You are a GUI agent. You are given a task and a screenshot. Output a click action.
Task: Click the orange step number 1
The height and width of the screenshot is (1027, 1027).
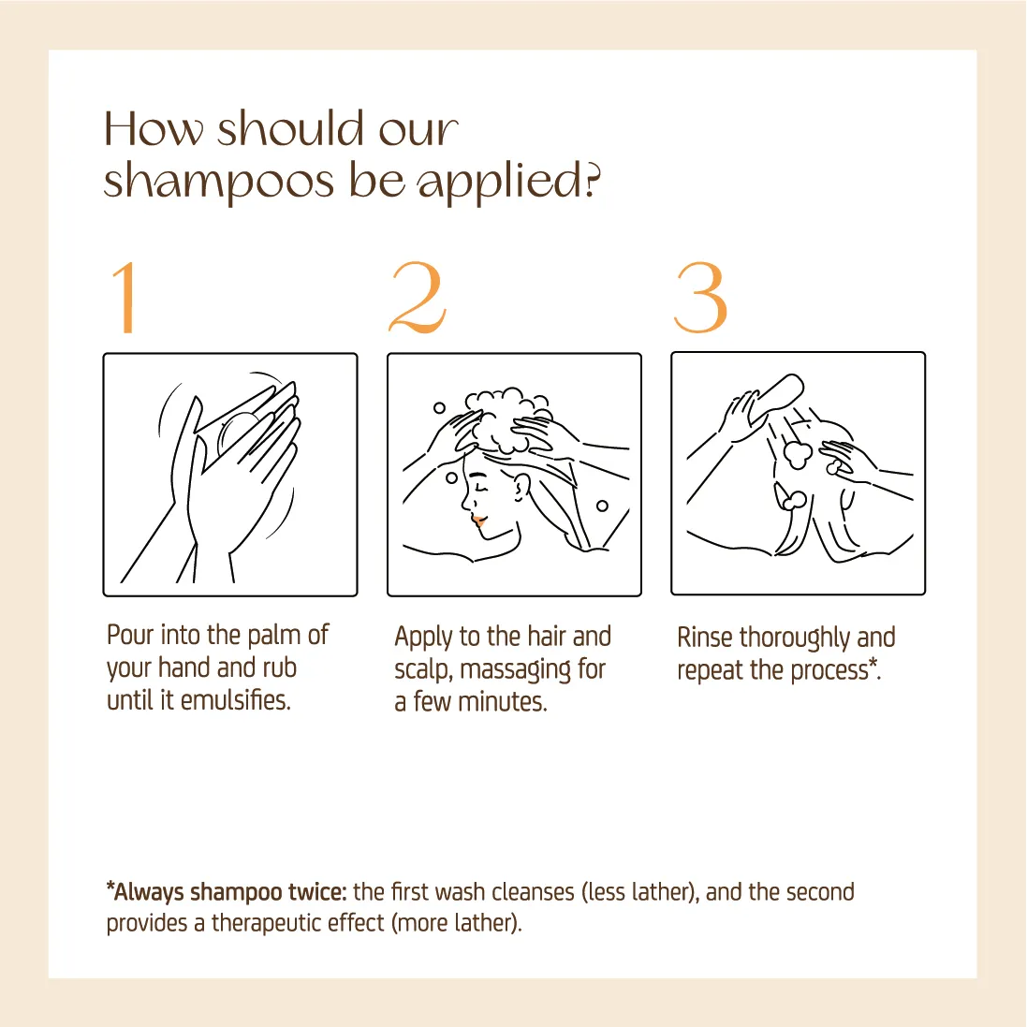click(125, 298)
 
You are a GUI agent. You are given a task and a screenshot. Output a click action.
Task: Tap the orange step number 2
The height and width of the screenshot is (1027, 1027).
click(418, 298)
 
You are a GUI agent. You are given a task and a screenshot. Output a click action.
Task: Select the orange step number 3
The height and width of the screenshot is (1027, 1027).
click(700, 298)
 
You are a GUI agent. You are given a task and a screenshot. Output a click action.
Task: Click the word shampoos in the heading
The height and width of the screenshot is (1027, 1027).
click(219, 181)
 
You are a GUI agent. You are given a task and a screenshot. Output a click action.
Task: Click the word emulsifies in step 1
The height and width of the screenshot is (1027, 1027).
click(235, 700)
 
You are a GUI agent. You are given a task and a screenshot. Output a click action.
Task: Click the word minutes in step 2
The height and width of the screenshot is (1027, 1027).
click(502, 702)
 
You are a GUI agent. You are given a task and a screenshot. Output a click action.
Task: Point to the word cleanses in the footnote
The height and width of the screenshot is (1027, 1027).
click(533, 892)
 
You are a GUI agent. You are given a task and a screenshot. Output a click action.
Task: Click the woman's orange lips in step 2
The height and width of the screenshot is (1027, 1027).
click(478, 521)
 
